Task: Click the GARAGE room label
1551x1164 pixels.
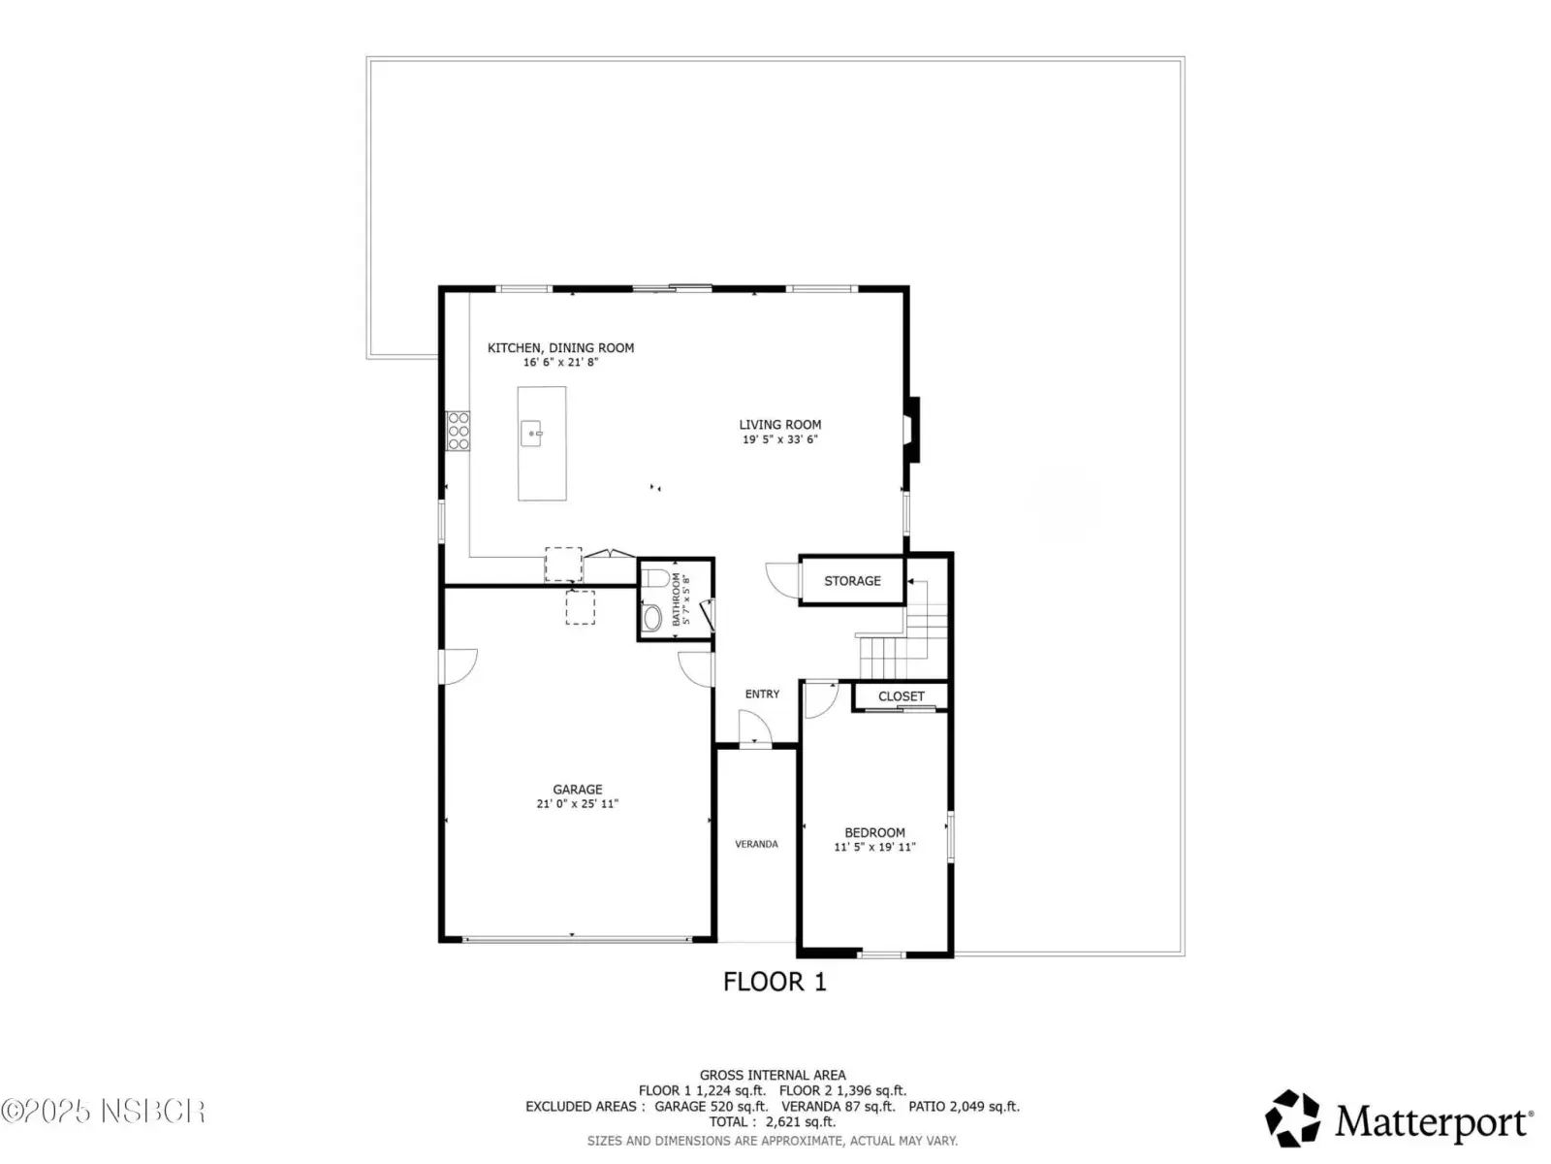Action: [578, 790]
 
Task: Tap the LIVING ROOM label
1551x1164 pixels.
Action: [780, 425]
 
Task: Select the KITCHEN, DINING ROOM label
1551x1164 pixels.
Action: [560, 347]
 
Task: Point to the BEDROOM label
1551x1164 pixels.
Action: [874, 832]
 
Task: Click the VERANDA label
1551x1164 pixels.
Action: [756, 844]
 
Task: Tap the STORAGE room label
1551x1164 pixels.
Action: [852, 581]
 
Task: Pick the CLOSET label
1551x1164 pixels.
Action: [901, 696]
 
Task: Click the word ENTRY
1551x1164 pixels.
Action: [763, 694]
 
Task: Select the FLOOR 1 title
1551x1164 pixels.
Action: [775, 982]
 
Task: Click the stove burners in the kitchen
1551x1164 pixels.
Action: [458, 431]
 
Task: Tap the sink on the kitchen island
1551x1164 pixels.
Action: [531, 434]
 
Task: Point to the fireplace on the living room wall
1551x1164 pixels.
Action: [911, 430]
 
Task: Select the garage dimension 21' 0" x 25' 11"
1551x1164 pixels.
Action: [578, 803]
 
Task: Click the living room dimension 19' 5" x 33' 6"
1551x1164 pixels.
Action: [780, 438]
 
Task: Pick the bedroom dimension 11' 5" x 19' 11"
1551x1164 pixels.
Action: [874, 847]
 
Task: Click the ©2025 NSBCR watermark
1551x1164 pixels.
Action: [103, 1112]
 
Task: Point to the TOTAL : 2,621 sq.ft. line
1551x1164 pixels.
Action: [773, 1121]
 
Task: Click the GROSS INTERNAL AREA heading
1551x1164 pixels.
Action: [773, 1075]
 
